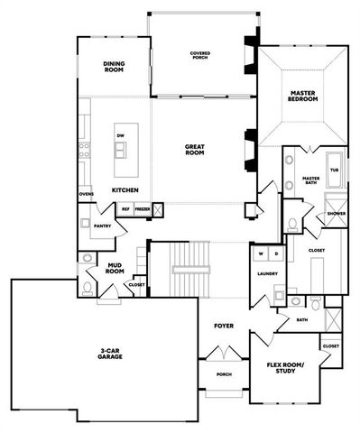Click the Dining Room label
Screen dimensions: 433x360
pos(113,67)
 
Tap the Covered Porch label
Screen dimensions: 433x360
pos(200,56)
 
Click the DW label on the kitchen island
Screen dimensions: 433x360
pos(120,135)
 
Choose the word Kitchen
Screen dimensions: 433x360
pos(125,191)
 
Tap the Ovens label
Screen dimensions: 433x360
pos(87,194)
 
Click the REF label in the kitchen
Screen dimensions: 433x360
pos(125,208)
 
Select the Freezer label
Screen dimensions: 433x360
pos(143,208)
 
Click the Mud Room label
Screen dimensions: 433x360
pos(115,268)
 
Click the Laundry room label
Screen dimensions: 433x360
pos(266,273)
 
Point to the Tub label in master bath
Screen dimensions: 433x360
pos(334,170)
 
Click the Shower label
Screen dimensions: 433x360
pos(336,214)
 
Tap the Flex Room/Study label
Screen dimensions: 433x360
pos(285,370)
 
